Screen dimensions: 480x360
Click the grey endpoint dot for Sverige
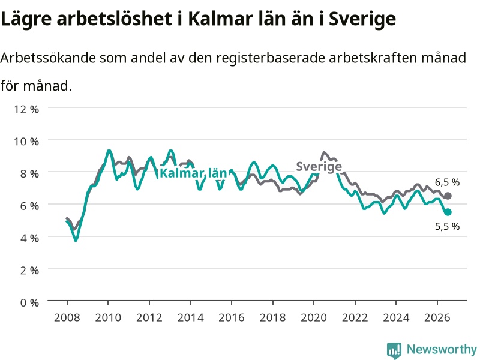448,196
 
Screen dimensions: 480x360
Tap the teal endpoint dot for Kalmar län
448,212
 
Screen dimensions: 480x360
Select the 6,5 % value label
447,182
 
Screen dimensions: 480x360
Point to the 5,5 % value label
447,227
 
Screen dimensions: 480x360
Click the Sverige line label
319,167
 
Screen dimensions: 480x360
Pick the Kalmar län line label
193,173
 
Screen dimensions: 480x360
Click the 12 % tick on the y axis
26,109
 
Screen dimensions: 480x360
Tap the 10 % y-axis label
26,142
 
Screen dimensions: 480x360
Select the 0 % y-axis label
29,302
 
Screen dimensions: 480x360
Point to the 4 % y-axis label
29,238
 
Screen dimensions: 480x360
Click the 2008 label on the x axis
67,317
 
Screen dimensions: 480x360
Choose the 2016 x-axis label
232,317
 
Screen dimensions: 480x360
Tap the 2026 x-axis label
437,317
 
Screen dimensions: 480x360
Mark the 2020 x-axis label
314,317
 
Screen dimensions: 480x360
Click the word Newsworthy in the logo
442,349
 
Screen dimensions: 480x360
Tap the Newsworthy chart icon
394,350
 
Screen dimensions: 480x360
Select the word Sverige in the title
362,19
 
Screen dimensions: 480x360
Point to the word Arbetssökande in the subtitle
48,58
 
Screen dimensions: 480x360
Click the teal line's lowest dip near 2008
76,241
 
